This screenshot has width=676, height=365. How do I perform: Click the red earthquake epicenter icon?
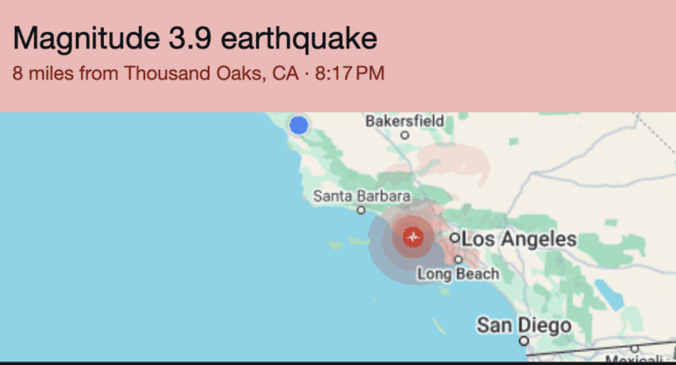tap(413, 236)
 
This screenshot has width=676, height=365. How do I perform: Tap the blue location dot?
tap(298, 125)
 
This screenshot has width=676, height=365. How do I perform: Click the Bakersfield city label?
tap(405, 120)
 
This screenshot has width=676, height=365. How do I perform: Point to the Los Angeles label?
tap(519, 239)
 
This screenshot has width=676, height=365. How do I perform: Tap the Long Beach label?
tap(458, 274)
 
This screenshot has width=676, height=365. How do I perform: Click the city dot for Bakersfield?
tap(405, 136)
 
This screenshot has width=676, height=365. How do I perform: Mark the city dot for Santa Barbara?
tap(361, 211)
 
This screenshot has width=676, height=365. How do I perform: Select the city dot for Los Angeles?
tap(455, 238)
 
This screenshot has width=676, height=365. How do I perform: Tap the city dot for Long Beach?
tap(459, 260)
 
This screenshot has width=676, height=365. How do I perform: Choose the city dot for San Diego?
tap(524, 340)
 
